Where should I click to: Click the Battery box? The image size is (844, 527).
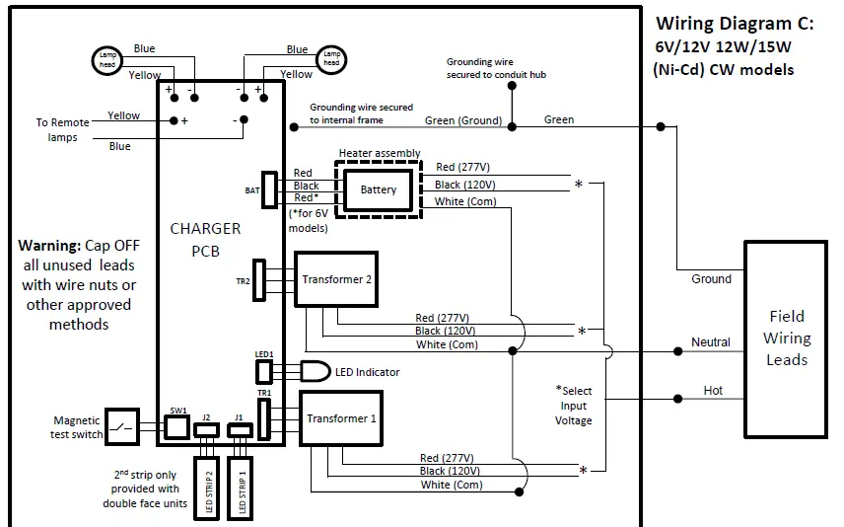(x=379, y=189)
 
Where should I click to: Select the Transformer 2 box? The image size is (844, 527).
(x=336, y=279)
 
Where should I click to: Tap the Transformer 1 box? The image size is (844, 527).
(x=340, y=418)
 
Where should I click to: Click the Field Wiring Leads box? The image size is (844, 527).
(x=786, y=338)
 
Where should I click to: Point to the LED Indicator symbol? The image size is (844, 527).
(x=315, y=372)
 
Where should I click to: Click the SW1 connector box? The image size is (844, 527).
(x=176, y=426)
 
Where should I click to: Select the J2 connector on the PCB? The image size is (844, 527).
(x=207, y=431)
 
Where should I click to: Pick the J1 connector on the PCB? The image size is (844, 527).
(x=238, y=431)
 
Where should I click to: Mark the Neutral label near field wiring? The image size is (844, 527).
(x=710, y=342)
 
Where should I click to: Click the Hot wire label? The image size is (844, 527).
(x=712, y=391)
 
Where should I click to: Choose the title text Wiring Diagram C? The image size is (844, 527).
(x=735, y=23)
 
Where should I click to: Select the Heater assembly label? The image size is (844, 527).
(x=380, y=153)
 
